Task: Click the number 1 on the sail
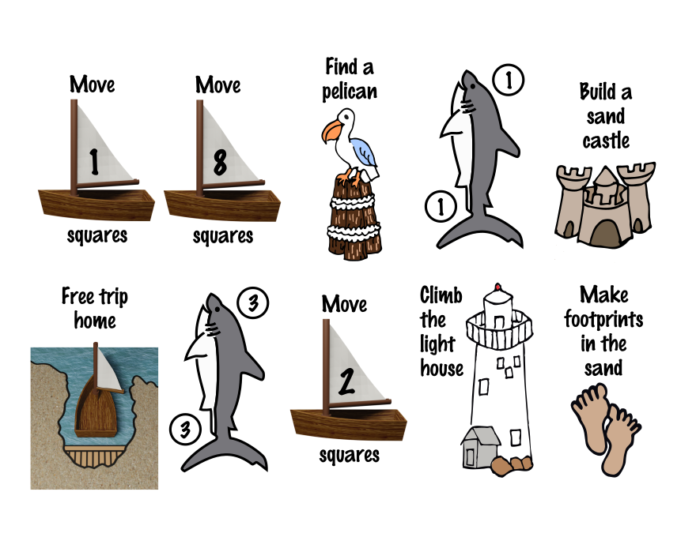click(94, 161)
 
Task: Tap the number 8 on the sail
click(220, 162)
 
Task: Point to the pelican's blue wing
click(365, 151)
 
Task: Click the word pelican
click(349, 91)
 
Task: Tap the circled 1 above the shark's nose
click(507, 79)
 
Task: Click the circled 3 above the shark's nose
click(253, 303)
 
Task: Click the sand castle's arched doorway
click(605, 231)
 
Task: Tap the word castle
click(606, 141)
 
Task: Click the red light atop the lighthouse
click(498, 287)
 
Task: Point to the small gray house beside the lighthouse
click(480, 446)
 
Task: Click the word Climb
click(441, 296)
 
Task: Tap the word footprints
click(603, 320)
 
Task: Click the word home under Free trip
click(94, 321)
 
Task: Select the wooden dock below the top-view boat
click(95, 456)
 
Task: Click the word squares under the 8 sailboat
click(223, 235)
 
